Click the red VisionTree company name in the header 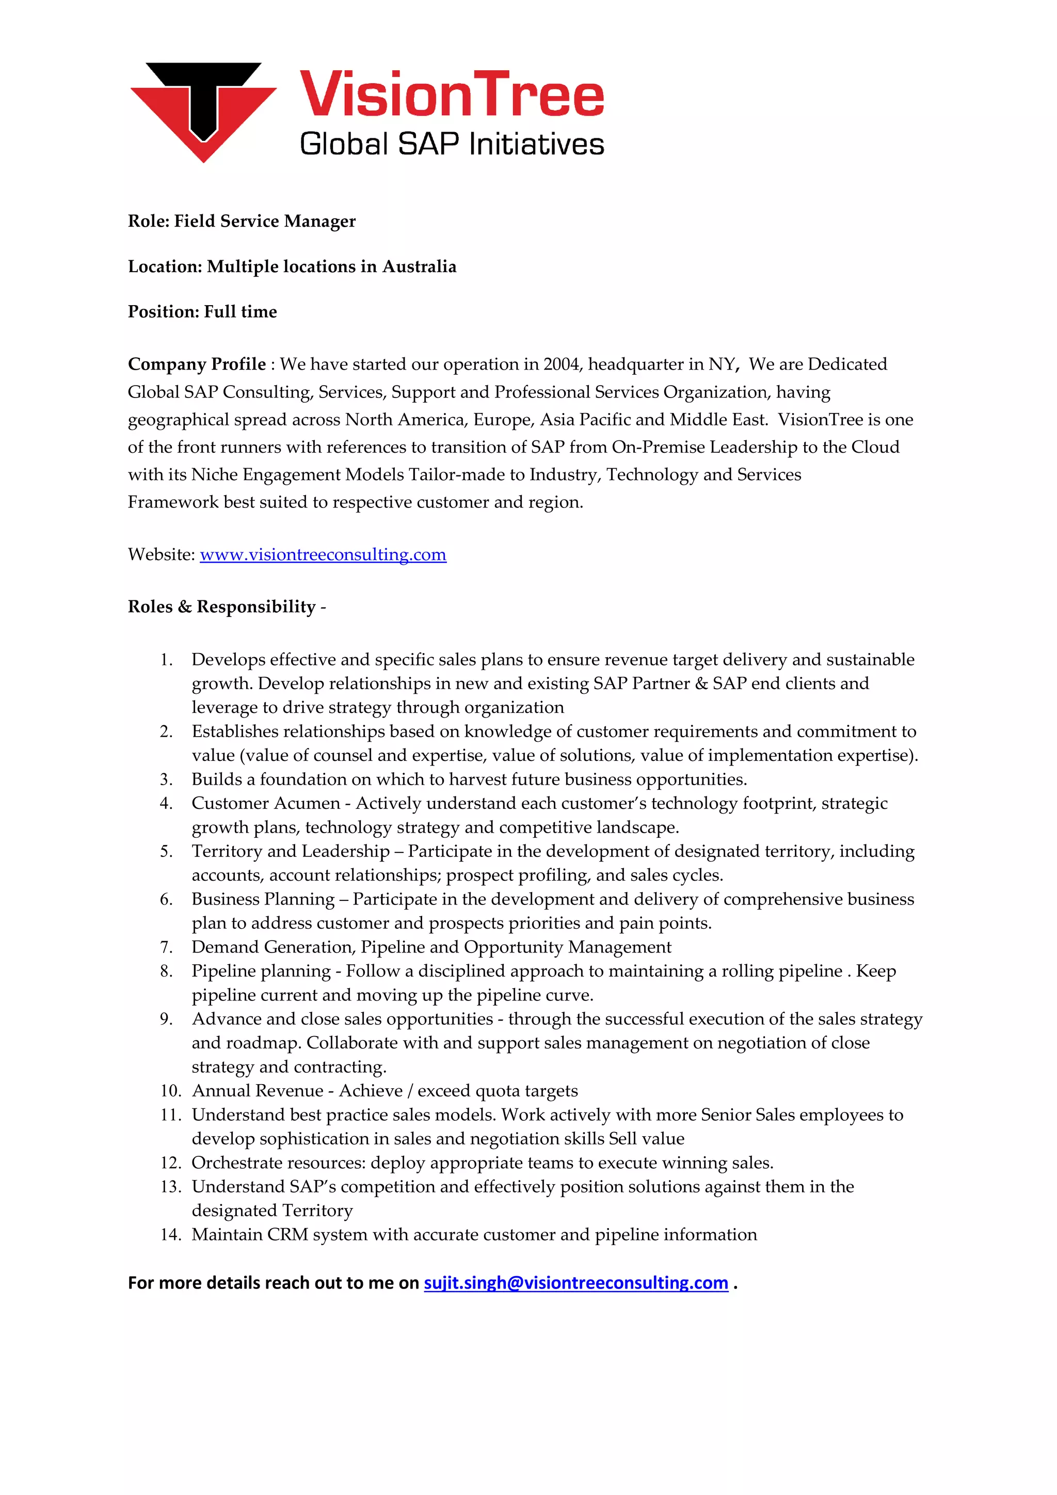(x=452, y=95)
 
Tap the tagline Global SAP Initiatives (x=452, y=144)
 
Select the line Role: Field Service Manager (x=242, y=221)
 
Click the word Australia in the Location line (x=419, y=267)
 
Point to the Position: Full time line (x=202, y=312)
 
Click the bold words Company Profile (x=197, y=364)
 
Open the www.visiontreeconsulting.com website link (x=323, y=555)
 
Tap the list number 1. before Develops (x=167, y=660)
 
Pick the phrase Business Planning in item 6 (x=263, y=899)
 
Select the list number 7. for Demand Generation (x=167, y=947)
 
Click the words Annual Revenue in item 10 (x=257, y=1091)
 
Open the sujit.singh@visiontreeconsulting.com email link (x=575, y=1283)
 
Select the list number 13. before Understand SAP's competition (x=170, y=1187)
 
